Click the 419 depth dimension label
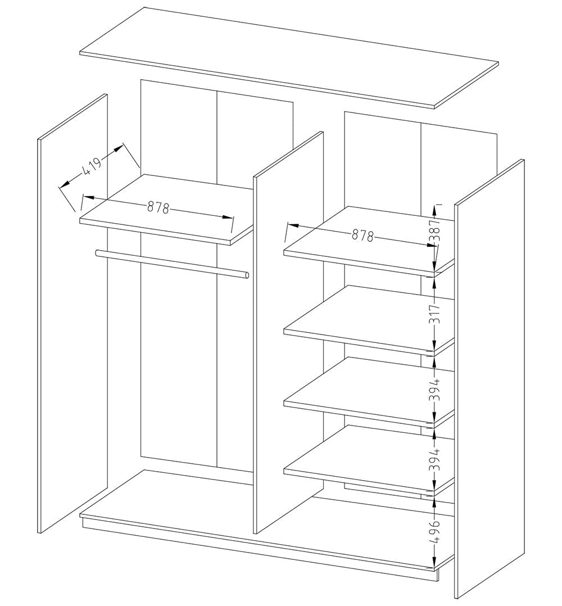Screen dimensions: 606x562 pos(92,167)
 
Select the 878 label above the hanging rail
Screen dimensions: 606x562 pos(158,208)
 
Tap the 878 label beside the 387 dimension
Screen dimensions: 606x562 pos(362,236)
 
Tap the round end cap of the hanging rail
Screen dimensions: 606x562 pos(247,275)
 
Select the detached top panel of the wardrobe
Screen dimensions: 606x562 pos(289,56)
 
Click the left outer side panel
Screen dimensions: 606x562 pos(72,315)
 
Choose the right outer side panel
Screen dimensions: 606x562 pos(489,382)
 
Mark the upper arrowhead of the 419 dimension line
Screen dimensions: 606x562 pos(119,147)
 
